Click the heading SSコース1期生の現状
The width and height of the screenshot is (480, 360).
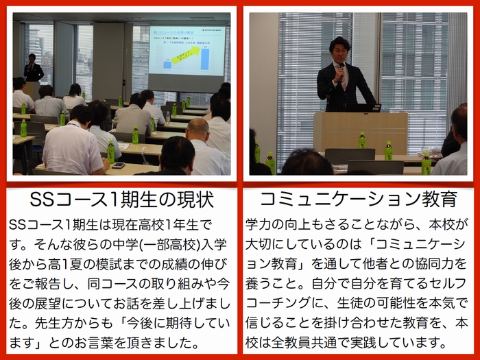[x=122, y=200]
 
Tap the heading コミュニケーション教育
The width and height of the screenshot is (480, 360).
[x=359, y=199]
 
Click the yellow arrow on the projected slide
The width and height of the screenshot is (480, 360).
[x=185, y=55]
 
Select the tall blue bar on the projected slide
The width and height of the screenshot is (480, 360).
[x=205, y=59]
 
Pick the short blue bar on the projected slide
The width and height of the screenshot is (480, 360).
[x=167, y=65]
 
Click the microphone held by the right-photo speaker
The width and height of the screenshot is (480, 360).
[x=341, y=73]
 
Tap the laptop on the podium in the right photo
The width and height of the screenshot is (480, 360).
[x=363, y=108]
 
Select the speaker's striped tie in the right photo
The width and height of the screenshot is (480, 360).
[x=344, y=79]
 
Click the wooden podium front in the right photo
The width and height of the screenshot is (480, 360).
[x=361, y=133]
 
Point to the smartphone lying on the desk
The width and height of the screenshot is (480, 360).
[x=119, y=165]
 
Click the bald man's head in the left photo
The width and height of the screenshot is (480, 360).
[x=197, y=129]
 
